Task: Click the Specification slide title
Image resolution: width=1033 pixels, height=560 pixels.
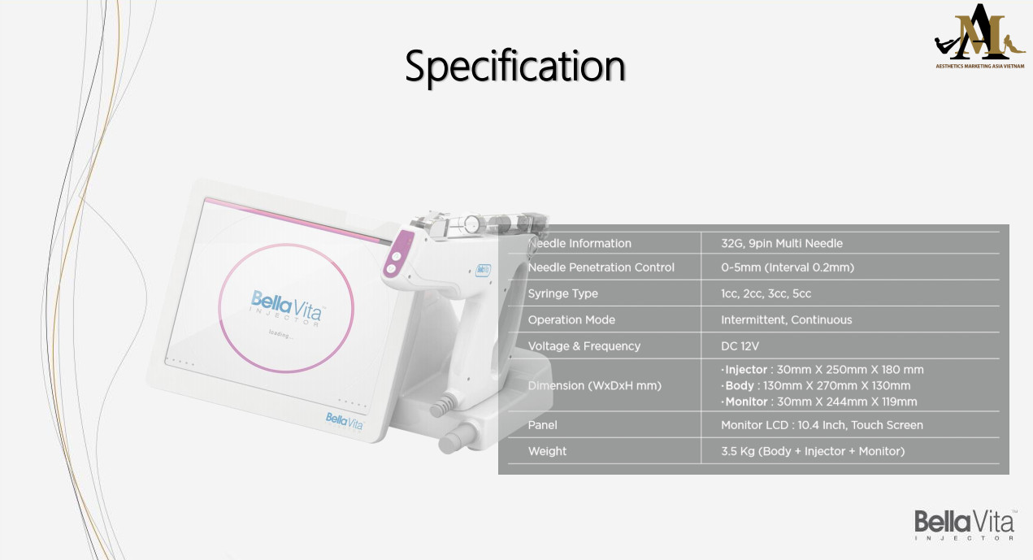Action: tap(514, 66)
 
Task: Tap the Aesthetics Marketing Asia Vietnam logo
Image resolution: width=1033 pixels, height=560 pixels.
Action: tap(979, 37)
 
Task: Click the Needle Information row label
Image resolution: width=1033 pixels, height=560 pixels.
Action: tap(579, 243)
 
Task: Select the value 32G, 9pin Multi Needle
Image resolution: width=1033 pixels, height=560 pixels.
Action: tap(782, 243)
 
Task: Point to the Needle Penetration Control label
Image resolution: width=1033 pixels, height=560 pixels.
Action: tap(601, 267)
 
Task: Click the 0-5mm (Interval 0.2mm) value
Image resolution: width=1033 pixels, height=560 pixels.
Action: tap(788, 267)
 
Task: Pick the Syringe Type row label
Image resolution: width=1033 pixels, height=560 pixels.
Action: tap(562, 293)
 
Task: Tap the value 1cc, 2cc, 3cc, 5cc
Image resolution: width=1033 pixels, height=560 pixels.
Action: tap(766, 293)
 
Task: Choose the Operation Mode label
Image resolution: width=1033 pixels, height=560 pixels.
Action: tap(571, 319)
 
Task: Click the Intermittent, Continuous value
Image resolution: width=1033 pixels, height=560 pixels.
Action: tap(786, 319)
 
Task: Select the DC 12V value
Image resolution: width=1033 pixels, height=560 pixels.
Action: tap(740, 346)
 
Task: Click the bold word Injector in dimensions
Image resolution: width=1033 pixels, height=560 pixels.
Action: tap(746, 370)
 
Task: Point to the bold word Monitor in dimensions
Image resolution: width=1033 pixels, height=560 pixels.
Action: tap(746, 402)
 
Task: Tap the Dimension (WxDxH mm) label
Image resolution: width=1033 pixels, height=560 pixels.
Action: tap(594, 385)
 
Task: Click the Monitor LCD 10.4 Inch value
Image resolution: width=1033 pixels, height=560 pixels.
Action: tap(822, 425)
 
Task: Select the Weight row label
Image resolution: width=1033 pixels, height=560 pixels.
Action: tap(547, 451)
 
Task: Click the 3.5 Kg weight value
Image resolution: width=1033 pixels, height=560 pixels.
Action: tap(813, 451)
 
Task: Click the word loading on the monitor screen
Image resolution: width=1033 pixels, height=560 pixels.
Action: tap(280, 334)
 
